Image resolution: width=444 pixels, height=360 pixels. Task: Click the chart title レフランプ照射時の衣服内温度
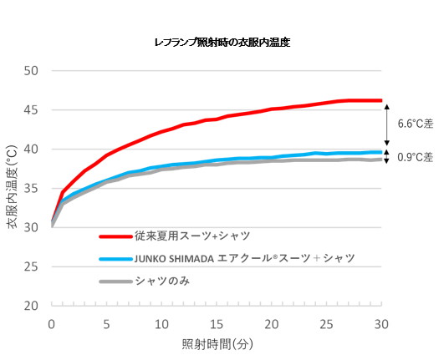tap(222, 43)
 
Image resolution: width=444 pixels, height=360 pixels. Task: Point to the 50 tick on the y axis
tap(31, 71)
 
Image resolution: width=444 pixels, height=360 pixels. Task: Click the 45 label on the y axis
tap(31, 110)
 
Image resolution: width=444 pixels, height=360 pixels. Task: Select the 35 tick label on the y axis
tap(31, 188)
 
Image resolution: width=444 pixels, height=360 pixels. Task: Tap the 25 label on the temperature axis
tap(31, 266)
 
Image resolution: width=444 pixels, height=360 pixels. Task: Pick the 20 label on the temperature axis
tap(31, 306)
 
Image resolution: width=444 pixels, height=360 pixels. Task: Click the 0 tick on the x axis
tap(51, 324)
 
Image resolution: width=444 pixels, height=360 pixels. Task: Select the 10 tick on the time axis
tap(161, 324)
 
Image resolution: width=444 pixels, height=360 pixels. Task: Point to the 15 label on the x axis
tap(217, 324)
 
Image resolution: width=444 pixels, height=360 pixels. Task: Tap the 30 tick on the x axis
tap(381, 324)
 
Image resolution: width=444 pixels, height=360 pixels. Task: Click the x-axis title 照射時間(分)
tap(217, 344)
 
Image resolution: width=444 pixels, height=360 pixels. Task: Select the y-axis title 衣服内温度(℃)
tap(13, 187)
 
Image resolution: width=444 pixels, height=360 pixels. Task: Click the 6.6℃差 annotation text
tap(416, 124)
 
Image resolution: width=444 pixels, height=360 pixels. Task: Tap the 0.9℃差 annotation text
tap(416, 157)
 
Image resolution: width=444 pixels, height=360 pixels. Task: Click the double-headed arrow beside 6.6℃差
tap(387, 124)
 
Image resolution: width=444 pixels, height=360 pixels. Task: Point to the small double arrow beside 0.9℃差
tap(387, 156)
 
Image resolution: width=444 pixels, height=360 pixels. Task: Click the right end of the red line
tap(381, 100)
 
